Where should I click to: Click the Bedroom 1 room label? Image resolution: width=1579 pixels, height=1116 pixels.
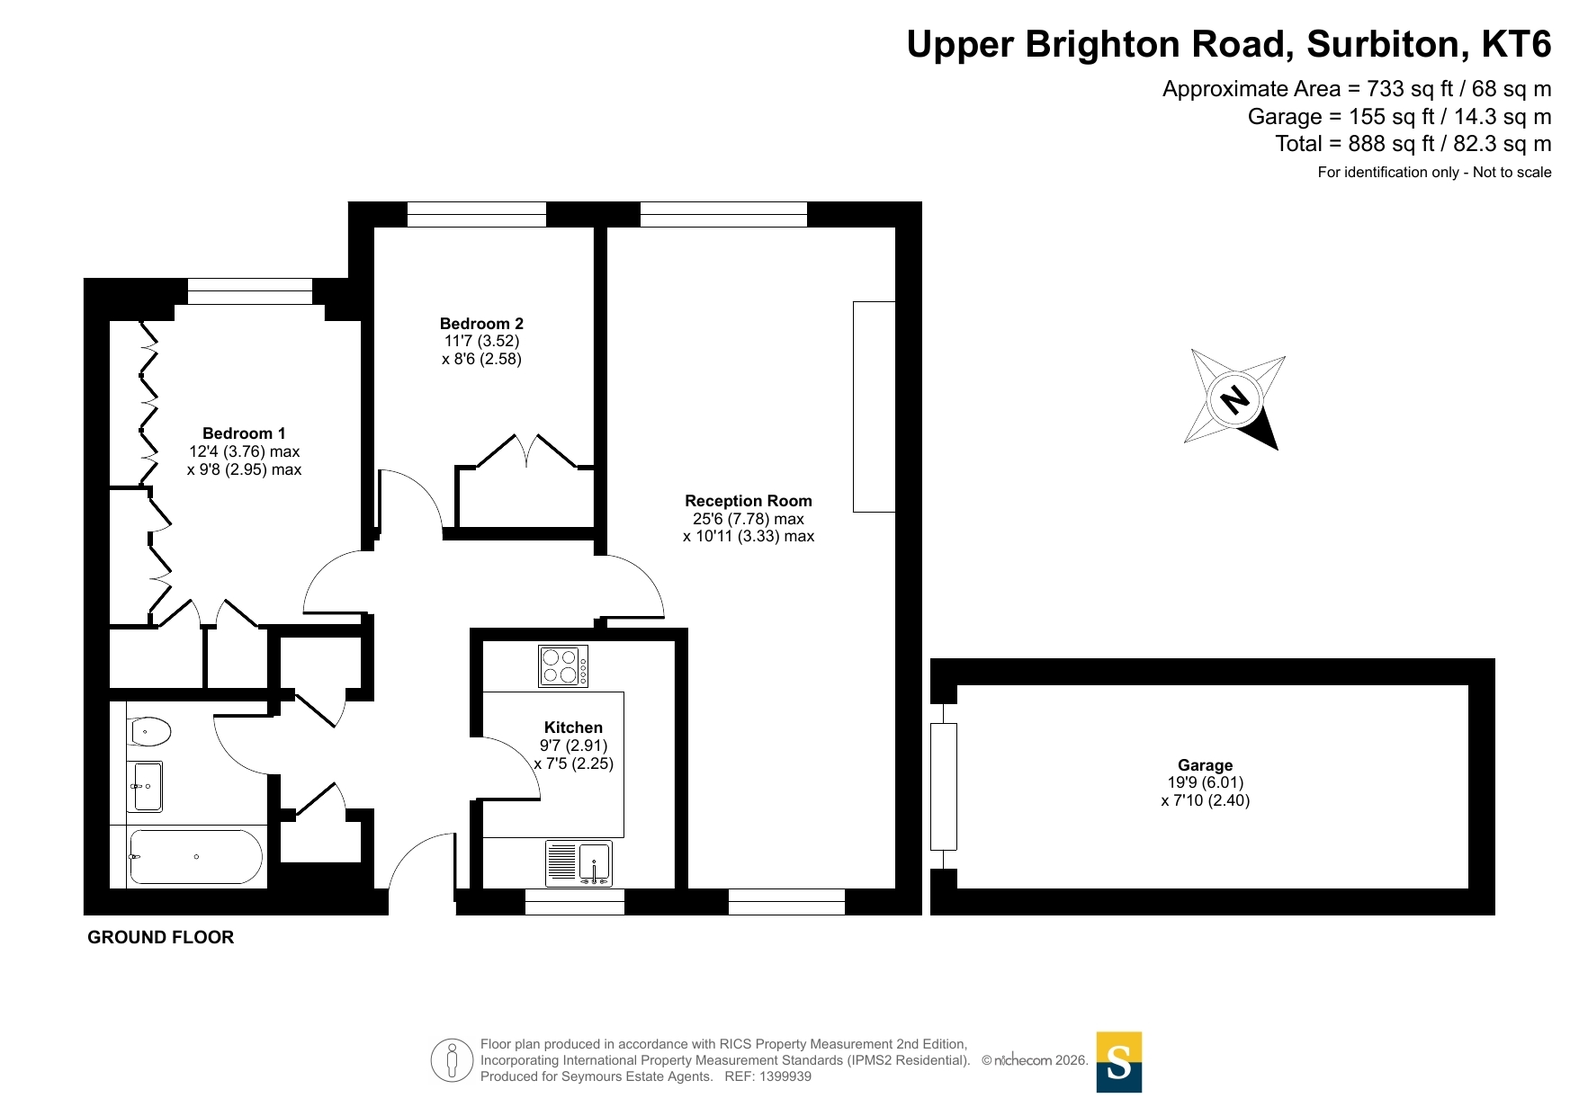click(x=244, y=433)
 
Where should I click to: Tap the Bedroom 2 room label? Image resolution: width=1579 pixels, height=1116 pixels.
click(x=481, y=324)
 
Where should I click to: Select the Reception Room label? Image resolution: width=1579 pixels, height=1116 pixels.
click(x=749, y=501)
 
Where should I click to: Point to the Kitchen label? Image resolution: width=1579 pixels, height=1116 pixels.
click(x=573, y=728)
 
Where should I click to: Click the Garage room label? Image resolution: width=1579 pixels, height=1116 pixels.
click(x=1206, y=765)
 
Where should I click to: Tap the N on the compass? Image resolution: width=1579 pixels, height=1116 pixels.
click(x=1235, y=397)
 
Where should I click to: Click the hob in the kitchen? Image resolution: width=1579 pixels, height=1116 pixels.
click(x=563, y=666)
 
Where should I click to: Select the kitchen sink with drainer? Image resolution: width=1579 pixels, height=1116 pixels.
click(x=579, y=864)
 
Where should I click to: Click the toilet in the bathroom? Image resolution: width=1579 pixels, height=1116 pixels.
click(x=148, y=731)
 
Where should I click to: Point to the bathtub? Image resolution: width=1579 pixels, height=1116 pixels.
click(x=196, y=857)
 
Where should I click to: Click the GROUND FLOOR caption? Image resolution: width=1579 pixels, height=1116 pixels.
click(x=161, y=937)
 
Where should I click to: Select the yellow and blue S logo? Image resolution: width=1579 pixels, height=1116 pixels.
click(x=1118, y=1062)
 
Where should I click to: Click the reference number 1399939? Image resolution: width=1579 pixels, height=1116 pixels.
click(x=785, y=1076)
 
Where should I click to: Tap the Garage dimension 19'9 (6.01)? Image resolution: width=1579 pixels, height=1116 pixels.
click(x=1206, y=782)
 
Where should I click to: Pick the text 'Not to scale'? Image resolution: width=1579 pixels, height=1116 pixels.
click(x=1512, y=172)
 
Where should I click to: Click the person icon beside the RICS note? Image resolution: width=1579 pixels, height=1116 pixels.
click(x=452, y=1060)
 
